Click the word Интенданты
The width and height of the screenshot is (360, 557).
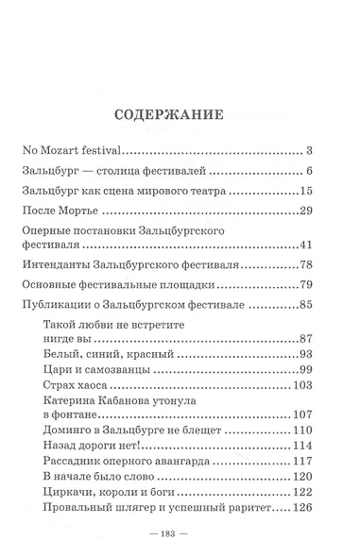coord(57,265)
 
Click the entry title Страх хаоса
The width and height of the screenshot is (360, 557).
coord(76,385)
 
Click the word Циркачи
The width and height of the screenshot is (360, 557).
coord(68,493)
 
